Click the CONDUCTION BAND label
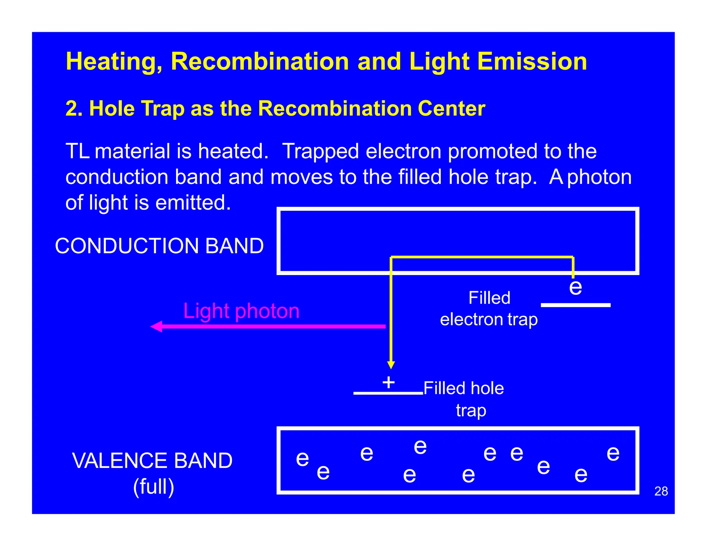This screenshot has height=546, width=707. [159, 246]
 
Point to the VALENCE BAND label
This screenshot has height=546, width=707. [152, 460]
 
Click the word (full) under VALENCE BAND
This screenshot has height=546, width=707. [154, 486]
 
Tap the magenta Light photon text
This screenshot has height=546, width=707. [241, 311]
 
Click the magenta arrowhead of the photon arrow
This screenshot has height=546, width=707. [156, 326]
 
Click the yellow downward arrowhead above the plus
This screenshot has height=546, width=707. [391, 365]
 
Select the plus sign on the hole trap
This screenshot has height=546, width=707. [389, 382]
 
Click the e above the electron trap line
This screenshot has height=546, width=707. [575, 287]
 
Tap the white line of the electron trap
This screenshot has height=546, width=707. [575, 305]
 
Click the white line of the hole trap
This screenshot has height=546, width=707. [388, 393]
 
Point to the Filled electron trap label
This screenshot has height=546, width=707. [489, 309]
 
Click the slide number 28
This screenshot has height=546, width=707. [661, 491]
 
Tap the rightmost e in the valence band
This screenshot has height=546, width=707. [613, 453]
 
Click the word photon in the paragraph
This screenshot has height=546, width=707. [600, 177]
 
